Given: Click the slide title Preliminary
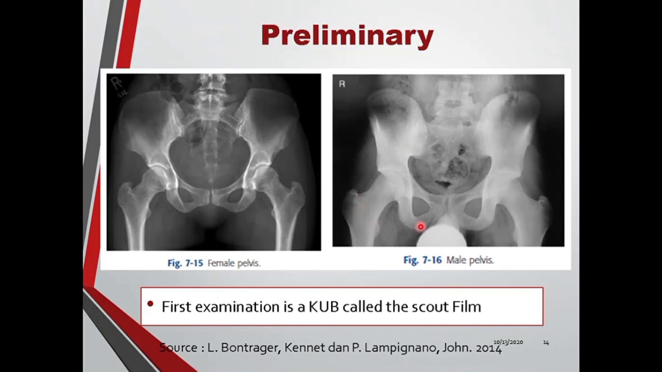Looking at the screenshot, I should pyautogui.click(x=347, y=36).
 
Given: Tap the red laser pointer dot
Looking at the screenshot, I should pyautogui.click(x=420, y=226).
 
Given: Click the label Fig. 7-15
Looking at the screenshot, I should pyautogui.click(x=185, y=263).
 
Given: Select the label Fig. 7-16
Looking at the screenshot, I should pyautogui.click(x=422, y=260).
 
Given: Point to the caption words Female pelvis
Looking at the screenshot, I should pyautogui.click(x=234, y=263).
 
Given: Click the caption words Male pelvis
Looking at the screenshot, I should pyautogui.click(x=470, y=260).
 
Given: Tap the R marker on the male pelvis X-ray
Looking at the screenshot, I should pyautogui.click(x=342, y=84).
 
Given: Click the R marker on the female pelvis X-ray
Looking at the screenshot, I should pyautogui.click(x=114, y=83).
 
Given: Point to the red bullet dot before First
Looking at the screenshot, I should pyautogui.click(x=151, y=304).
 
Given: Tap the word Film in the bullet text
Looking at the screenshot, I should pyautogui.click(x=467, y=307).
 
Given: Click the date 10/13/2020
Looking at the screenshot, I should pyautogui.click(x=508, y=342).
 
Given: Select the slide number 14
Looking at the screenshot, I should pyautogui.click(x=546, y=342).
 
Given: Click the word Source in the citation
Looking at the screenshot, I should pyautogui.click(x=177, y=348).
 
